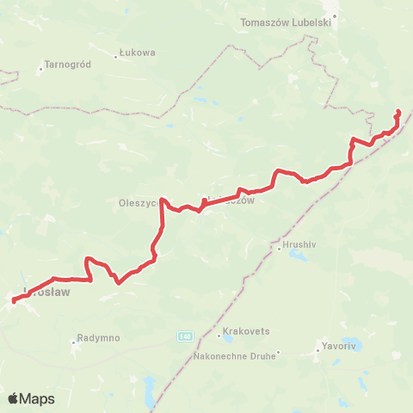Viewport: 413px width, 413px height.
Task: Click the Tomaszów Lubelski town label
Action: click(287, 22)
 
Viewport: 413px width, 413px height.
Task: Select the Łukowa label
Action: click(138, 52)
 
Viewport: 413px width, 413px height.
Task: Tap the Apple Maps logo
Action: click(31, 398)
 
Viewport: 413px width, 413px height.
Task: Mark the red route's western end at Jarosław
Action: click(15, 301)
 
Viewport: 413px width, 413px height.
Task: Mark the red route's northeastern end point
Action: click(398, 112)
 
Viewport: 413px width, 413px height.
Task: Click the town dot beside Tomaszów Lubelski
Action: click(336, 15)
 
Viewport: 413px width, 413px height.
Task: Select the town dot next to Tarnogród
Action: click(40, 69)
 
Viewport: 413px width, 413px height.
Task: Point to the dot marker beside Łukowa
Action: click(116, 57)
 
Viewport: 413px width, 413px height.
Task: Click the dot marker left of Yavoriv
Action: click(317, 351)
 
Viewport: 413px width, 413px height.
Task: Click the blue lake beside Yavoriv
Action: click(350, 343)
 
